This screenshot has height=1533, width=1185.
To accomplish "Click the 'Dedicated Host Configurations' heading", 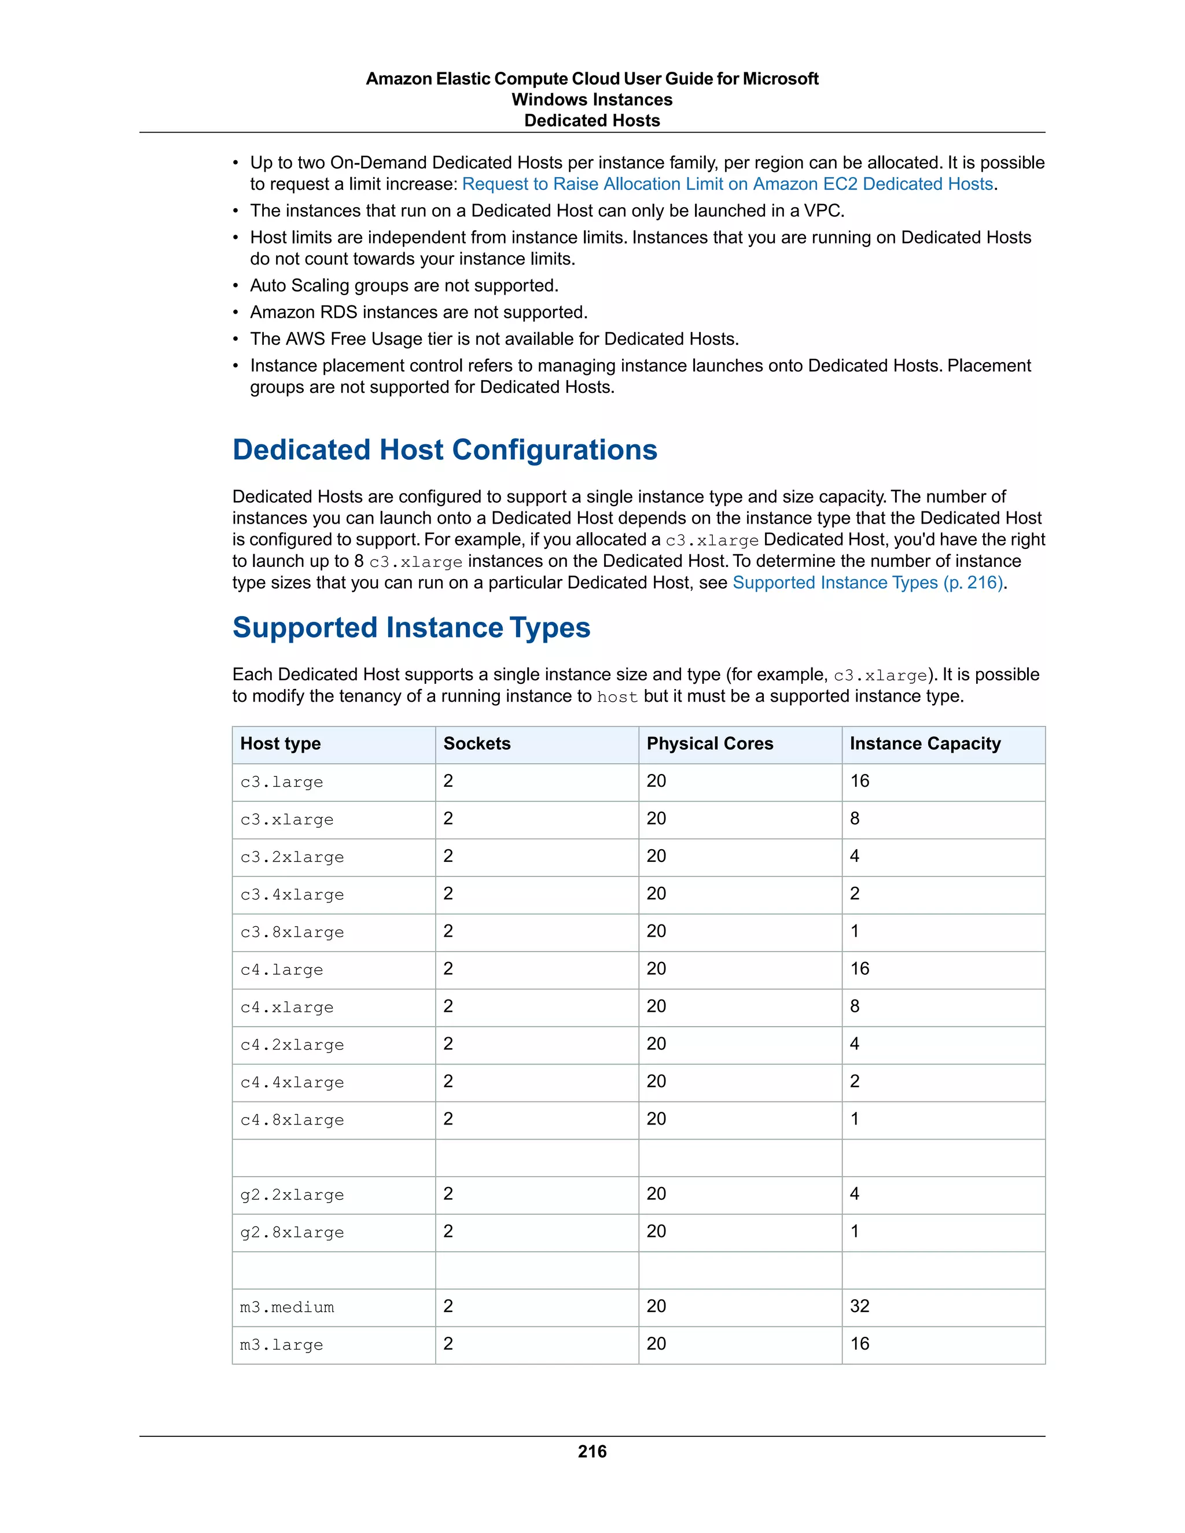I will coord(444,449).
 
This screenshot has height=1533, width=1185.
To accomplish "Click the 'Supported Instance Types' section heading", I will coord(411,627).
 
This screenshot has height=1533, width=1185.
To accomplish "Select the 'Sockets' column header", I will coord(477,743).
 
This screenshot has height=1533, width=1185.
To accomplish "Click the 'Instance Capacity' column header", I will coord(925,743).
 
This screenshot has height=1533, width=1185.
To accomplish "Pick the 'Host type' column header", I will coord(280,743).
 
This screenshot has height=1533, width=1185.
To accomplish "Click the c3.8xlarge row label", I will coord(292,932).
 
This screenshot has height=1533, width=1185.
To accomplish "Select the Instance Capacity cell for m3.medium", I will coord(860,1306).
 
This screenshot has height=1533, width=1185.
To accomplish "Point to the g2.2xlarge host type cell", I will coord(292,1195).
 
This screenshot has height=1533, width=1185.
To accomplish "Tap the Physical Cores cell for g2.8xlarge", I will coord(656,1231).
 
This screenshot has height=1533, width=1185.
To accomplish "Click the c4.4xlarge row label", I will coord(292,1082).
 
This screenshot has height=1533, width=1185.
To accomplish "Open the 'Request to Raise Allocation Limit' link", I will coord(727,184).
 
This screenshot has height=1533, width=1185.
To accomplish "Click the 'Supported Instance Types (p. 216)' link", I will coord(868,583).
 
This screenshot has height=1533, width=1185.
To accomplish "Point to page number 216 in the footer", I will coord(592,1451).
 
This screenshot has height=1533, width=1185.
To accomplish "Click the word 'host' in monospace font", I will coord(617,697).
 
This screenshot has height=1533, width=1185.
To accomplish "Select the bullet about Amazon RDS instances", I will coord(418,312).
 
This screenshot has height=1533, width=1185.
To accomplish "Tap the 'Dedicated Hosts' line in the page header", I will coord(592,121).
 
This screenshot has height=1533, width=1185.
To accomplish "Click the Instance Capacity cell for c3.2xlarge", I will coord(855,856).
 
